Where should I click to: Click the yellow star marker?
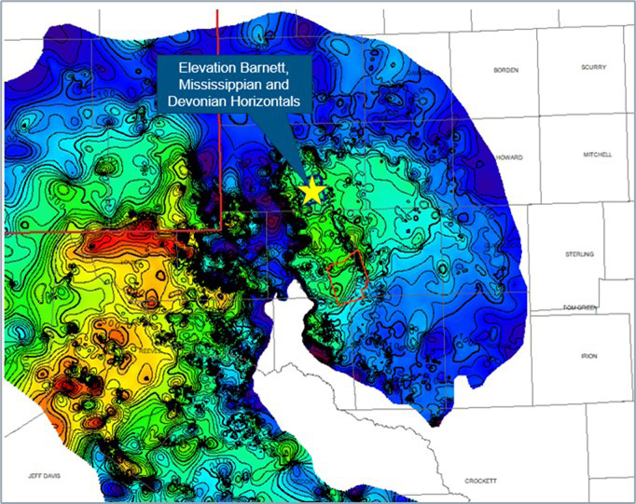pyautogui.click(x=312, y=191)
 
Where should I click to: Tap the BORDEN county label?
pyautogui.click(x=505, y=71)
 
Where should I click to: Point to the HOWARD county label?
pyautogui.click(x=509, y=157)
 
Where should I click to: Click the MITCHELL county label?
pyautogui.click(x=598, y=155)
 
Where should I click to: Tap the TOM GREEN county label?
pyautogui.click(x=581, y=307)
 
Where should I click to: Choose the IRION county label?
pyautogui.click(x=589, y=356)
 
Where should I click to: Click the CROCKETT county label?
pyautogui.click(x=482, y=480)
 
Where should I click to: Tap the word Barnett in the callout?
pyautogui.click(x=264, y=70)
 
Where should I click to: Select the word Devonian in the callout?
pyautogui.click(x=194, y=102)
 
